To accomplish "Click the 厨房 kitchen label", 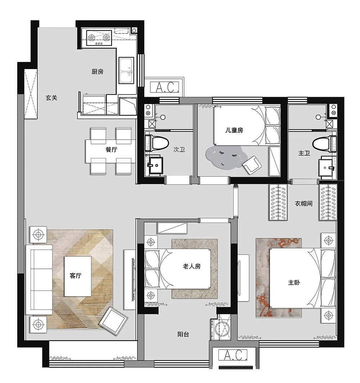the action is coord(98,72).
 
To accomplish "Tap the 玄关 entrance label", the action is coord(51,98).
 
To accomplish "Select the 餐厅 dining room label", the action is coord(111,149).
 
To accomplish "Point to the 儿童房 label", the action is coord(234,130).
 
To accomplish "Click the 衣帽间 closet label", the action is coord(303,203).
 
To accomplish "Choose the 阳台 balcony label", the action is coord(183,334).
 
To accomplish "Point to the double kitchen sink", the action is coord(126,71).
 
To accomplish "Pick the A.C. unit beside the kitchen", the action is coord(165,87).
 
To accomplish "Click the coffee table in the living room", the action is coord(78,276).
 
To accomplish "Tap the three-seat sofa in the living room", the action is coord(39,279).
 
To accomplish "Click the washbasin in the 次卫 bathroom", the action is coord(156,165).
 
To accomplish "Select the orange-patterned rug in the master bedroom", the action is coord(279,278).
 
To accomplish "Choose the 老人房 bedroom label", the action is coord(192,266).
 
